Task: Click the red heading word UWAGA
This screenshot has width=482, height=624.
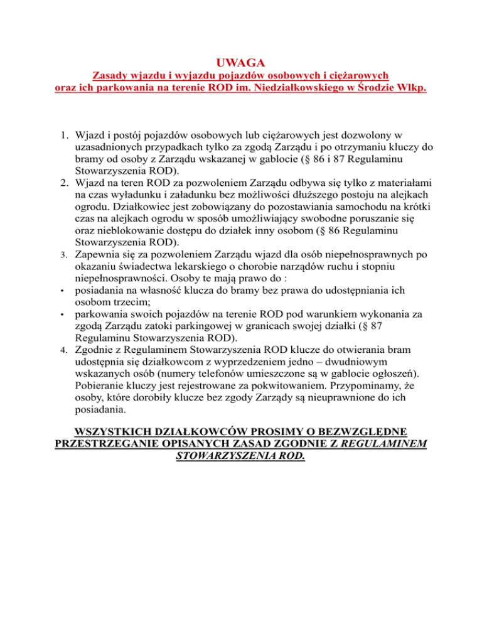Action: click(240, 63)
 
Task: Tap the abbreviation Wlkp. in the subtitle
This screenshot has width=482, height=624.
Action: click(408, 89)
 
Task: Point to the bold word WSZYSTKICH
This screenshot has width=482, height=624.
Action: click(120, 431)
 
